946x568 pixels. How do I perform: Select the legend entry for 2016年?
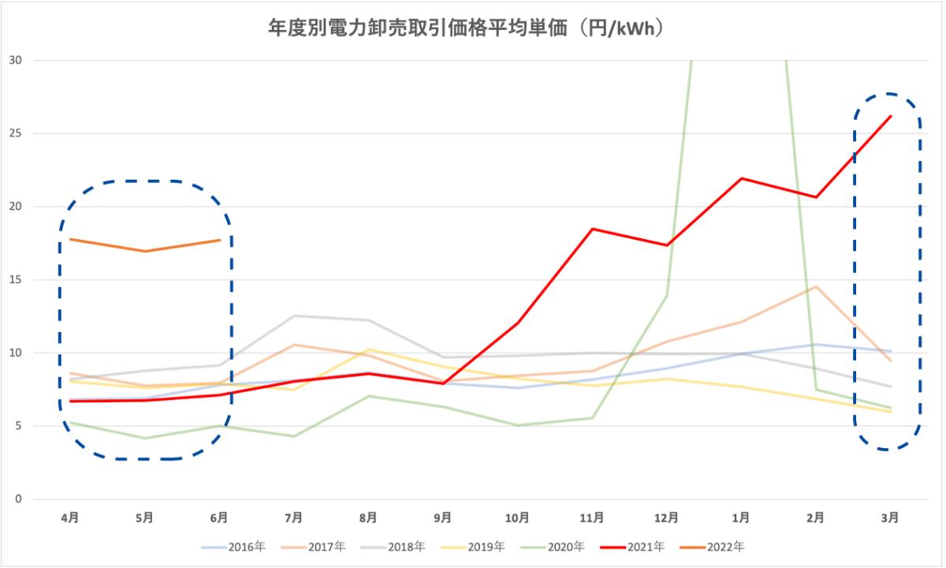click(241, 546)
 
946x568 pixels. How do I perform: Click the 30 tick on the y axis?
click(16, 61)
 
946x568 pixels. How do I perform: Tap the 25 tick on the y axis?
click(16, 134)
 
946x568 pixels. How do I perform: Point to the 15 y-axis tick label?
click(16, 280)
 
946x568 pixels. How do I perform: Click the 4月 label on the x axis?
click(70, 518)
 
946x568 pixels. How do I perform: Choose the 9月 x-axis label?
click(443, 518)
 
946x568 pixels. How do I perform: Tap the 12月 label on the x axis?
click(666, 518)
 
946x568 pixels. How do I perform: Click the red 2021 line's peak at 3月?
click(890, 116)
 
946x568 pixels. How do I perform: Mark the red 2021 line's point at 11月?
click(592, 229)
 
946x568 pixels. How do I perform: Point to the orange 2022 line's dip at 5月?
click(145, 251)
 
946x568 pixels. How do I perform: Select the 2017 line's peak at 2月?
click(816, 286)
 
